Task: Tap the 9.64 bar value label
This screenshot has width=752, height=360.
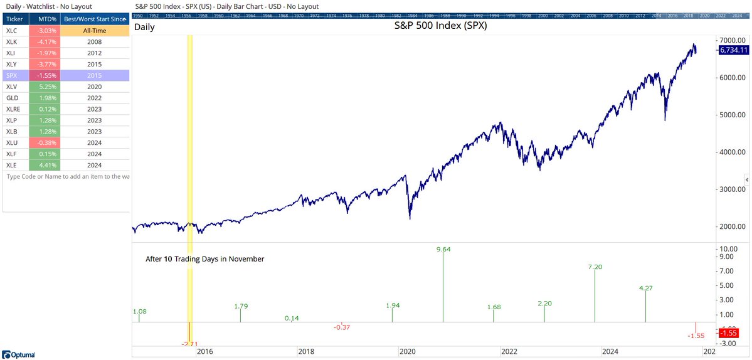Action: point(443,250)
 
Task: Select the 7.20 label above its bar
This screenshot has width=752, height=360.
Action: point(595,267)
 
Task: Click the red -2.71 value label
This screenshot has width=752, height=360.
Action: point(189,344)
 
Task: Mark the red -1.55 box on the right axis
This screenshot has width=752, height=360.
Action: point(729,333)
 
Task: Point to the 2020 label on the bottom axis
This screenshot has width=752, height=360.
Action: point(408,352)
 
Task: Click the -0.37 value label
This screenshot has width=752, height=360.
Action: point(342,327)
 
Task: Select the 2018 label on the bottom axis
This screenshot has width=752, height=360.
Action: point(306,352)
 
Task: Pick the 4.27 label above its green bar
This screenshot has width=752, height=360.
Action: point(645,289)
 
